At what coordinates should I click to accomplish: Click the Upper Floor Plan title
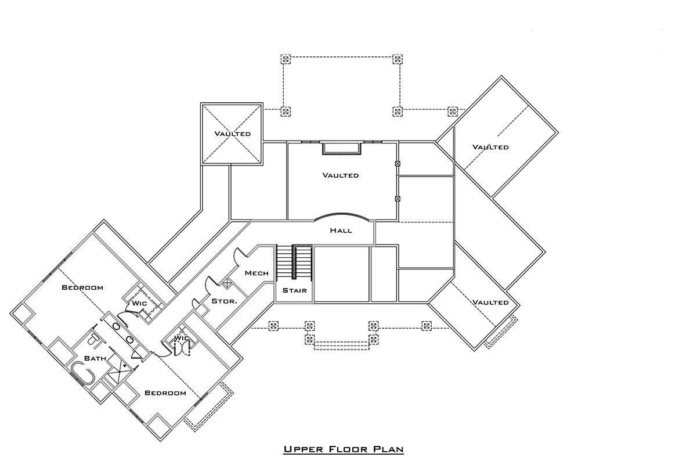tap(344, 449)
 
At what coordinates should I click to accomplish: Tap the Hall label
tap(341, 230)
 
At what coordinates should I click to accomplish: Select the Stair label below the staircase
tap(294, 290)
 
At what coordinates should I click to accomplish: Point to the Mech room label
tap(257, 273)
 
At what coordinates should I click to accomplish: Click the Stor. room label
tap(225, 301)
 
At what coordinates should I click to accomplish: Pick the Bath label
tap(95, 358)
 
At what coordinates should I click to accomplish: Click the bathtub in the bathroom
tap(83, 373)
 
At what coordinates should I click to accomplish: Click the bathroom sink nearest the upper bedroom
tap(117, 326)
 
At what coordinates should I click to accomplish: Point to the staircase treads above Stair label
tap(294, 262)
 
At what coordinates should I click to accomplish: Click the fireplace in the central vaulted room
tap(342, 148)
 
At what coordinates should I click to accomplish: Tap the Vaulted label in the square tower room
tap(233, 134)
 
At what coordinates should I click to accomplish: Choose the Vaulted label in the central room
tap(341, 175)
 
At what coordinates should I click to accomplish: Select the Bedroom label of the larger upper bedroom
tap(82, 287)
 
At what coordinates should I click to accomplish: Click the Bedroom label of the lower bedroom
tap(165, 393)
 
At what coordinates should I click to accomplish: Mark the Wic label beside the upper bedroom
tap(139, 303)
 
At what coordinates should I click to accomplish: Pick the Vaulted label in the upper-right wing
tap(490, 147)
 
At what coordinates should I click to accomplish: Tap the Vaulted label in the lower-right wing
tap(490, 302)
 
